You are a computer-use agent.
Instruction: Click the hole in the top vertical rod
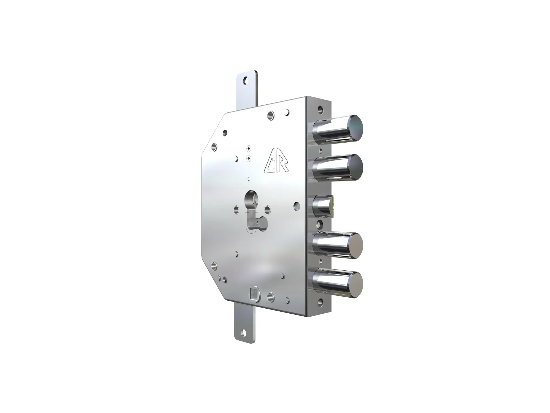(x=245, y=81)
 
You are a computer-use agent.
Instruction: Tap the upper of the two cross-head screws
(x=249, y=149)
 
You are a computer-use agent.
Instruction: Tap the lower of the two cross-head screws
(x=249, y=158)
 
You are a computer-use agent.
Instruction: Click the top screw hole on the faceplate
(x=320, y=109)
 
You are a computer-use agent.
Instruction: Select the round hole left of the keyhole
(x=237, y=210)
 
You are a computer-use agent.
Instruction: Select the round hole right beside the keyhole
(x=267, y=210)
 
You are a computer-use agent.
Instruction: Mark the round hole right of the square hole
(x=270, y=297)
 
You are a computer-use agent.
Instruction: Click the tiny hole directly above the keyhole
(x=249, y=179)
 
